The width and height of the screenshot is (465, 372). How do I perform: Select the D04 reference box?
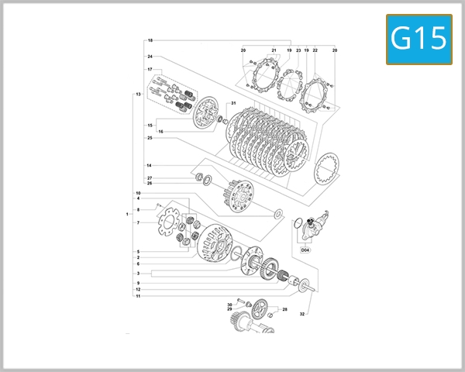tap(305, 250)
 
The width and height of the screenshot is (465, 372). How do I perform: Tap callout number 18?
tap(150, 40)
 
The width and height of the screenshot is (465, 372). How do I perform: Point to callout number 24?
tap(150, 57)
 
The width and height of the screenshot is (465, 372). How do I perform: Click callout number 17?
tap(150, 70)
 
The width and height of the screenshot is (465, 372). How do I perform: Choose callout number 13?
tap(138, 94)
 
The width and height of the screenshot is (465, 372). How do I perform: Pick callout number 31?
tap(232, 104)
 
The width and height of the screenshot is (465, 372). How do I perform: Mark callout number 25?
tap(150, 138)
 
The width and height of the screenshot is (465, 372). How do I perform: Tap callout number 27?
tap(150, 178)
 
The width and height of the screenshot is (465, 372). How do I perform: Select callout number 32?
tap(302, 314)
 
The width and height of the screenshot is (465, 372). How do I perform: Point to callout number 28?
tap(285, 309)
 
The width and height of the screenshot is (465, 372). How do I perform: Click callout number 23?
tap(298, 50)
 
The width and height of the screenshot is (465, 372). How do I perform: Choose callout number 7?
tap(138, 222)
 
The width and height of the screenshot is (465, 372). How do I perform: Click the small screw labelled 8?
tap(157, 205)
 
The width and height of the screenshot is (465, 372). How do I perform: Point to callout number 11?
tap(138, 296)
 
